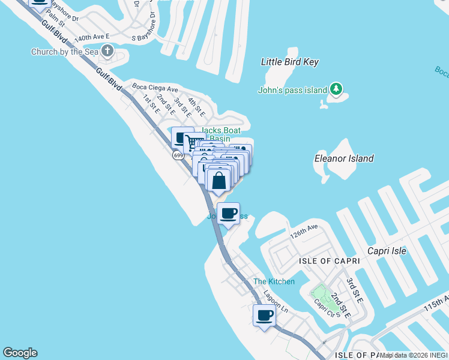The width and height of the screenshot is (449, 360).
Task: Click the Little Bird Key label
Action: click(x=290, y=62)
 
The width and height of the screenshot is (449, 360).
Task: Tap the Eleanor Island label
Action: click(x=344, y=158)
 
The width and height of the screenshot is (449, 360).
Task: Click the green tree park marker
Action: click(x=337, y=90)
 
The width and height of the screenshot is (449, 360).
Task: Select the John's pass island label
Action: click(x=292, y=91)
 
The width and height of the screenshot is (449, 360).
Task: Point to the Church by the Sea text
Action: click(x=65, y=52)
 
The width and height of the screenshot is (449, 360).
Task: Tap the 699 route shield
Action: click(x=178, y=155)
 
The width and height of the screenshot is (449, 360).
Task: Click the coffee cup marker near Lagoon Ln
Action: click(x=264, y=314)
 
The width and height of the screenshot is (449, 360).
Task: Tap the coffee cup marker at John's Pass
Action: click(x=229, y=214)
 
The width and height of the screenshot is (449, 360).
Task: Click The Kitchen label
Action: click(x=274, y=281)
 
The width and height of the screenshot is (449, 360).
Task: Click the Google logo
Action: click(x=20, y=353)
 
